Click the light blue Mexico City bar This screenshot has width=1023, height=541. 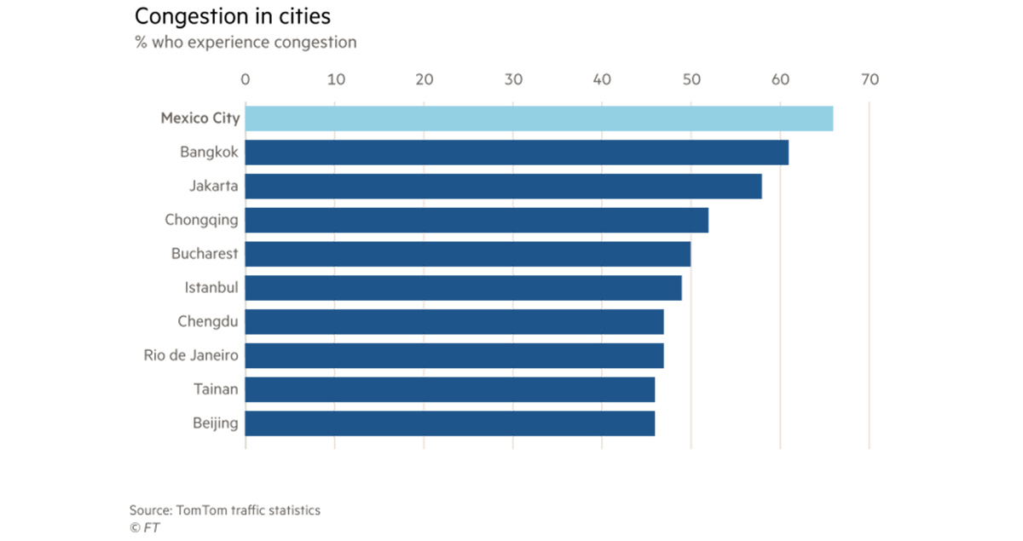point(539,118)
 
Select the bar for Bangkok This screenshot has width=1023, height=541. point(517,153)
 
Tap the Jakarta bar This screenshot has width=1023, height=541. point(503,186)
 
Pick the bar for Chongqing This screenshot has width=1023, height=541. point(477,220)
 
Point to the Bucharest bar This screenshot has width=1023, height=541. point(468,254)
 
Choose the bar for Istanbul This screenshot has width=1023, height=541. point(463,288)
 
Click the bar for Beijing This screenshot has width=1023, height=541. point(450,423)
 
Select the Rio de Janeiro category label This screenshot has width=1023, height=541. point(191,355)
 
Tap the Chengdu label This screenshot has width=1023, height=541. point(208,321)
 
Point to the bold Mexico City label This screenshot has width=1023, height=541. point(200,118)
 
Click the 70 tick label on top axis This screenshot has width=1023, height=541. point(869,80)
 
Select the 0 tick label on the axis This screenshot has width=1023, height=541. point(246,80)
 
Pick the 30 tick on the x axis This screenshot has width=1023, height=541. point(512,80)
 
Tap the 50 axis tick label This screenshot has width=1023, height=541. point(691,80)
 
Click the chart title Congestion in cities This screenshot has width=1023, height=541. point(232,16)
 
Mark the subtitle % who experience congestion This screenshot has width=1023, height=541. point(246,42)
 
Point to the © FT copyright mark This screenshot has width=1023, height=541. point(144,527)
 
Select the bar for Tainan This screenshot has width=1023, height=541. point(450,389)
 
